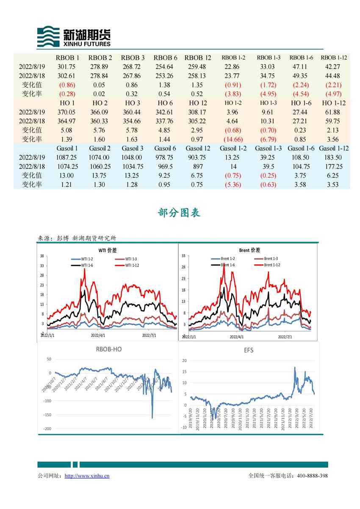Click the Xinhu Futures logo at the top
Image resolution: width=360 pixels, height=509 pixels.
pyautogui.click(x=74, y=37)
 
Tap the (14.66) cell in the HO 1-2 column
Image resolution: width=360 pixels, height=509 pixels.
pyautogui.click(x=233, y=139)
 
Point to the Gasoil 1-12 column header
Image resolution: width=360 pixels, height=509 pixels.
pyautogui.click(x=334, y=148)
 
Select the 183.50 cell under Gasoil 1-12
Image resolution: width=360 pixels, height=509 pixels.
pyautogui.click(x=334, y=157)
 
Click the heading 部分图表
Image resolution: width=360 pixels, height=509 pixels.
pyautogui.click(x=179, y=213)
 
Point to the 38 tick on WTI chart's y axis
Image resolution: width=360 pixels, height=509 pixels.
pyautogui.click(x=42, y=256)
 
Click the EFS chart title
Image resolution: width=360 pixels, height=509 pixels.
pyautogui.click(x=249, y=351)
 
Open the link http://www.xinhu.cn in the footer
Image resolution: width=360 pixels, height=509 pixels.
pyautogui.click(x=87, y=476)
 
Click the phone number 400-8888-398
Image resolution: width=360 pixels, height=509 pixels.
pyautogui.click(x=312, y=476)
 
